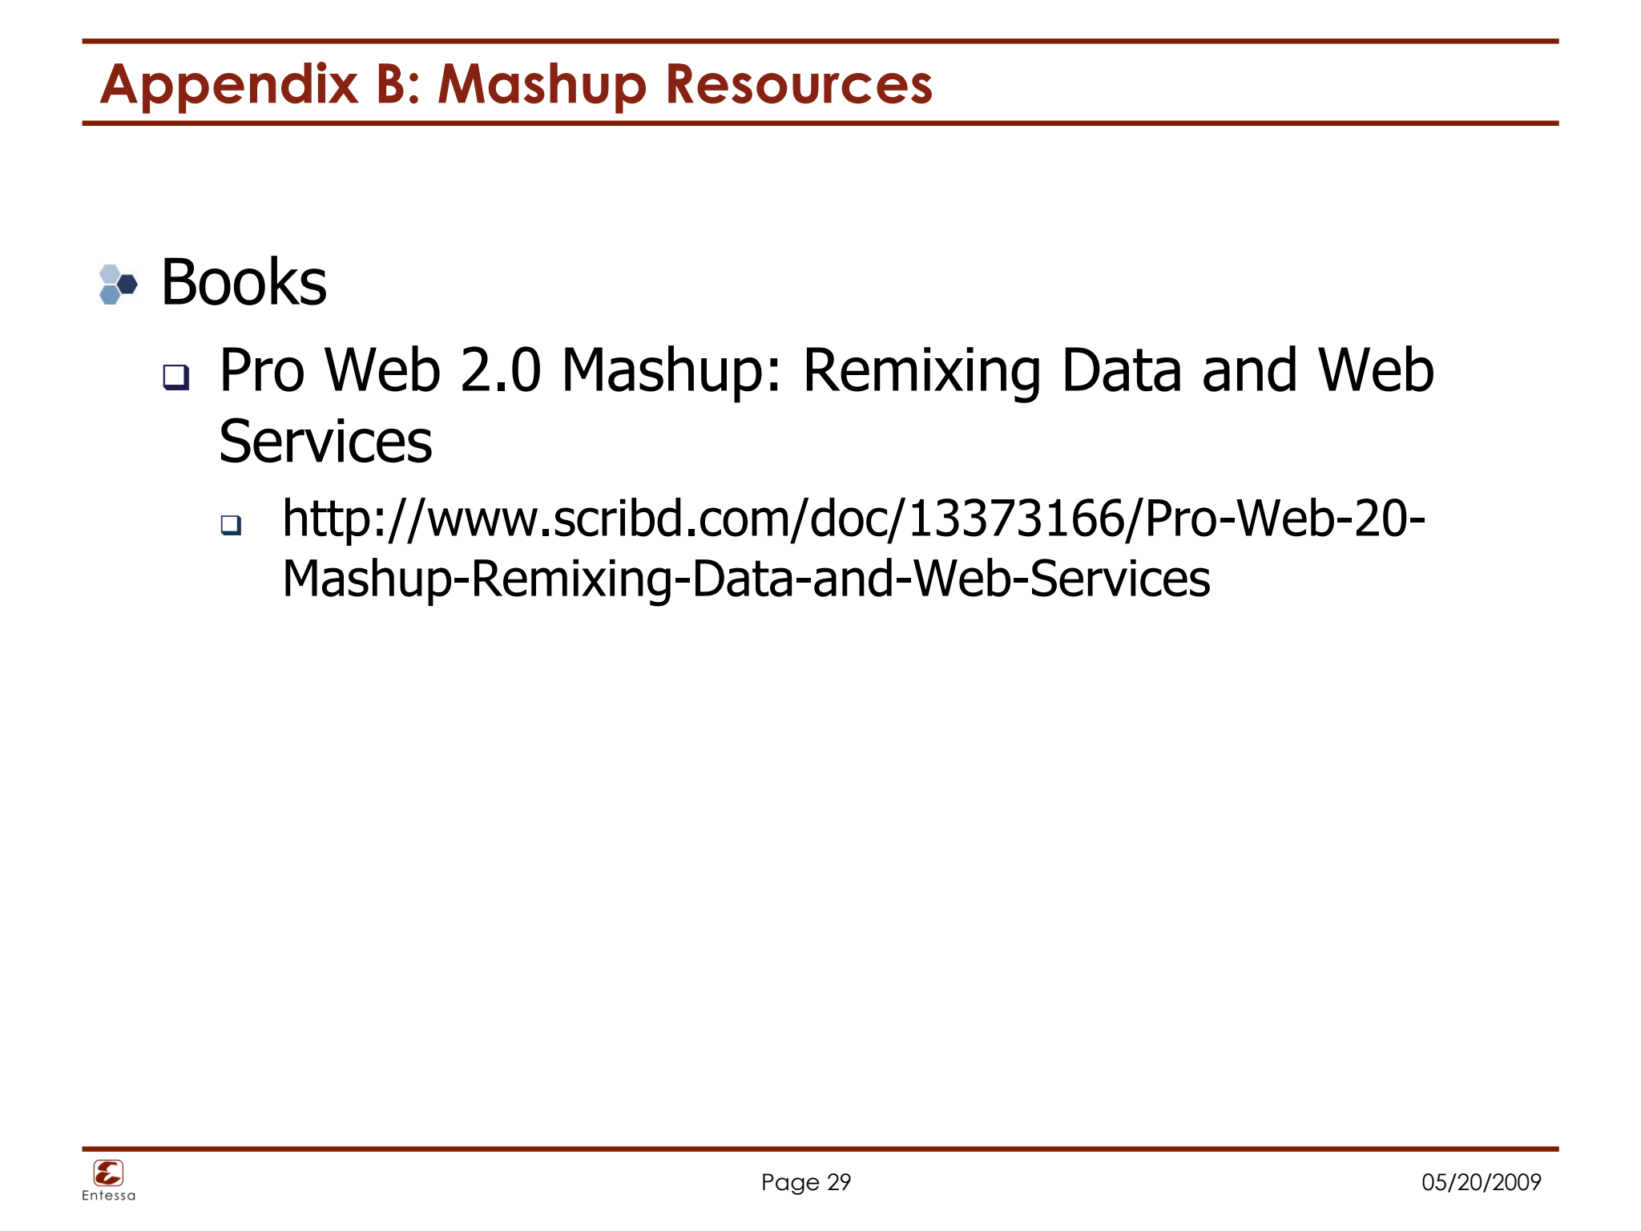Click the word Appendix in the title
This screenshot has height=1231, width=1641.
tap(228, 85)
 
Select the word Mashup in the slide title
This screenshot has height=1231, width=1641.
tap(542, 85)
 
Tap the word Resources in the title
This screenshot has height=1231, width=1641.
tap(799, 85)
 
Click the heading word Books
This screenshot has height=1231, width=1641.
tap(244, 283)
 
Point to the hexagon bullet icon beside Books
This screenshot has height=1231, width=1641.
tap(117, 285)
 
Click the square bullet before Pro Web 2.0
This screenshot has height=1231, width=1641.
tap(175, 377)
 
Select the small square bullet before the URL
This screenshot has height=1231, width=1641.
tap(231, 525)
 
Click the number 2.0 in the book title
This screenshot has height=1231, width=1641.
tap(501, 371)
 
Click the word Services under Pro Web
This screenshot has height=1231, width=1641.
tap(325, 442)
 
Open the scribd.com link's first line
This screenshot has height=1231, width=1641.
tap(853, 519)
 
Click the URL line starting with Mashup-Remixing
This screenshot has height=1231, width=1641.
tap(746, 579)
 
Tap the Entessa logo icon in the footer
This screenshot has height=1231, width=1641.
tap(108, 1173)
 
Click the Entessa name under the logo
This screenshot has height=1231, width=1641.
tap(108, 1196)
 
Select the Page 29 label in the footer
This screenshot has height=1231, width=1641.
tap(805, 1182)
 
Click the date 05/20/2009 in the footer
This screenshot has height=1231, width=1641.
tap(1481, 1182)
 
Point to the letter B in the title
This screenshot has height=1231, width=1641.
tap(392, 85)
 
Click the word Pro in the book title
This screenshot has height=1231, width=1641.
tap(262, 371)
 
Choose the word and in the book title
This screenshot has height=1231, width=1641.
tap(1249, 371)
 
